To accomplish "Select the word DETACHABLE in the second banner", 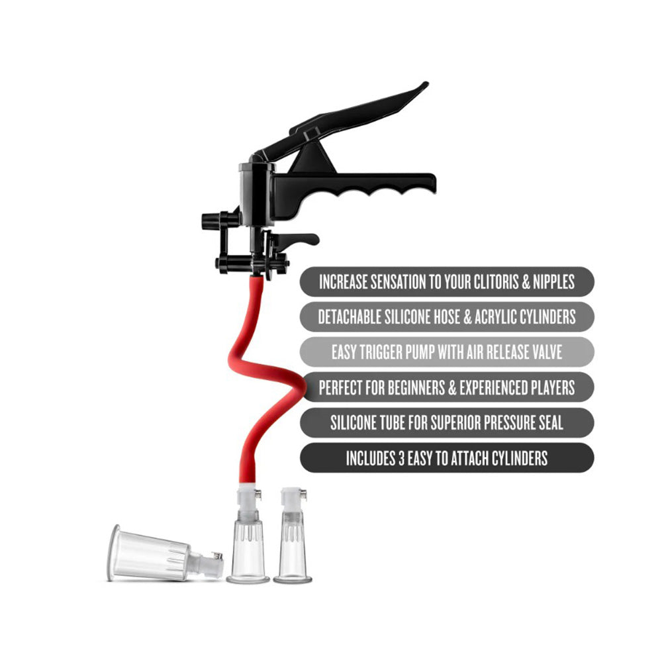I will click(x=354, y=317).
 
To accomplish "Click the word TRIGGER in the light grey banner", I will click(x=404, y=352).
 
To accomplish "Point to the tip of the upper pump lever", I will click(x=424, y=85).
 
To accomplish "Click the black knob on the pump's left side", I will click(x=211, y=220).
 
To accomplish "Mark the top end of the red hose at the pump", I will click(x=256, y=281).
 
